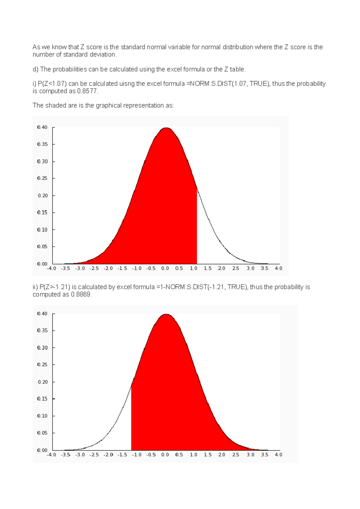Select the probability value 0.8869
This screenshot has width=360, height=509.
coord(81,294)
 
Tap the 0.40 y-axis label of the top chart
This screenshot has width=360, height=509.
coord(42,127)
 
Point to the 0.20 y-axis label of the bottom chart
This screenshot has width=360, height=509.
coord(43,382)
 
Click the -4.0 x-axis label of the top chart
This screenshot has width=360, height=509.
coord(51,268)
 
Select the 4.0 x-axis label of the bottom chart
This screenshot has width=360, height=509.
coord(278,455)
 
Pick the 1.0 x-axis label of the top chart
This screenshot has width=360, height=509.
coord(193,268)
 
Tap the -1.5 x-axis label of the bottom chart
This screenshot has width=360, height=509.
coord(122,455)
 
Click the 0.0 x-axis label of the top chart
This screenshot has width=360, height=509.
coord(165,268)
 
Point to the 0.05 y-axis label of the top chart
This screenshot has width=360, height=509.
coord(42,246)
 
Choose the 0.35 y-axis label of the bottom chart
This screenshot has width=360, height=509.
coord(42,330)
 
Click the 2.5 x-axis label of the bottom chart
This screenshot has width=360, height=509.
coord(236,455)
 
